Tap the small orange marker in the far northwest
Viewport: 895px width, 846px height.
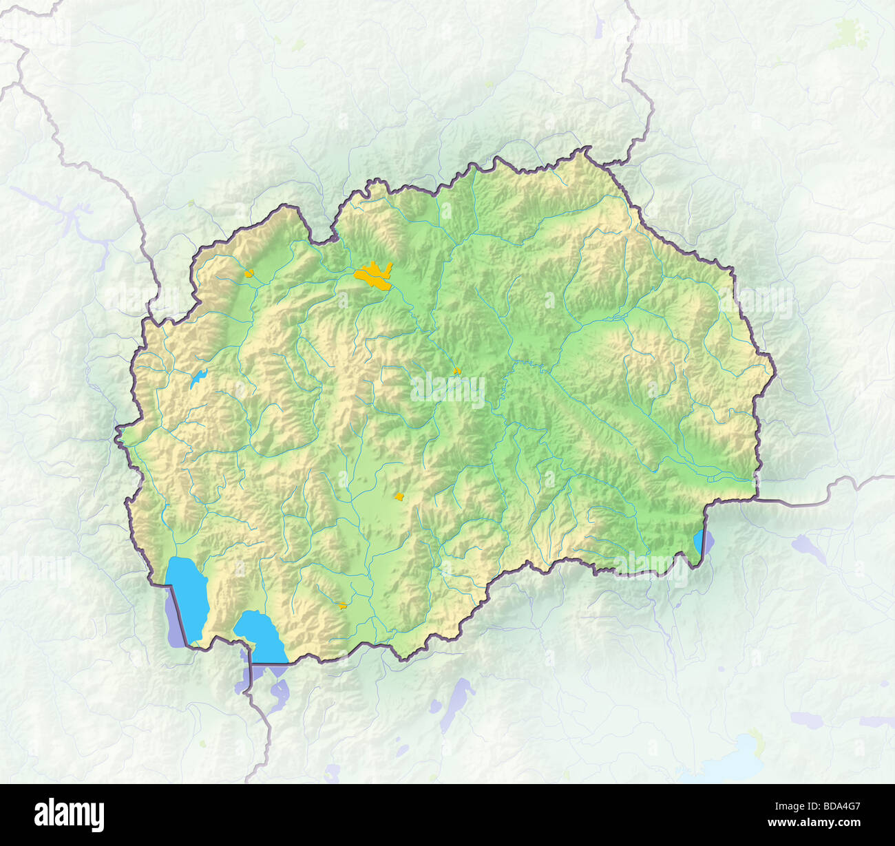pos(249,273)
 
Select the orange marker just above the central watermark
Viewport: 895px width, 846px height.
pos(456,371)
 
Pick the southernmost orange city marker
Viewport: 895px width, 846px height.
pos(341,606)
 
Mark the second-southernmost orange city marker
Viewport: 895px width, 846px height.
pos(399,496)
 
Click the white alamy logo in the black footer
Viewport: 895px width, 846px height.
pos(69,814)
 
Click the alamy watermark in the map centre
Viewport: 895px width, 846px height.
pos(448,390)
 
